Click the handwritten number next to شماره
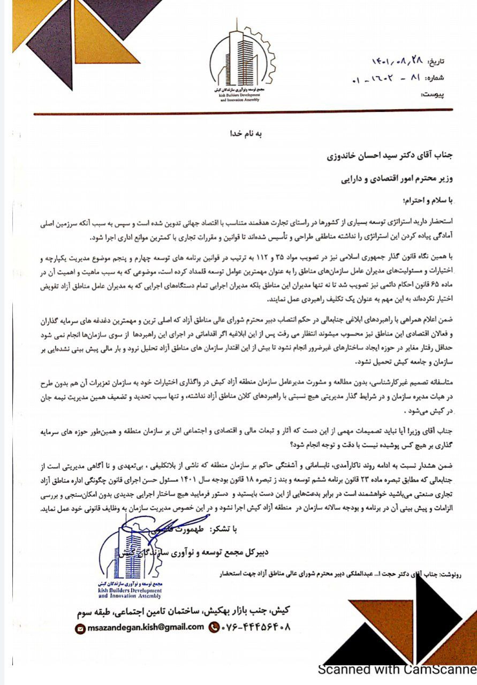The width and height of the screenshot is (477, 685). pyautogui.click(x=385, y=79)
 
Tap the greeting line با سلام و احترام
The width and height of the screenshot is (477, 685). pyautogui.click(x=423, y=201)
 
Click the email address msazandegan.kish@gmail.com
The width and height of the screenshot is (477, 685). pyautogui.click(x=145, y=627)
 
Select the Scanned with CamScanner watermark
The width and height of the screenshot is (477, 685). pyautogui.click(x=397, y=669)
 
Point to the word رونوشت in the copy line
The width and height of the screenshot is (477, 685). pyautogui.click(x=452, y=573)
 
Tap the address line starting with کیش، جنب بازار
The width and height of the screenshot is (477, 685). pyautogui.click(x=183, y=611)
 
